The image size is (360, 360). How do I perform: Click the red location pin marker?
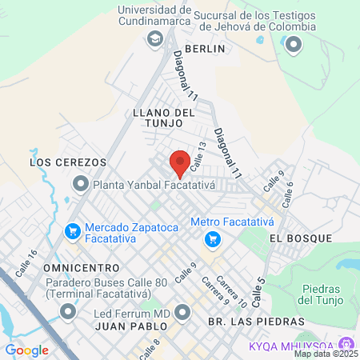click(x=180, y=163)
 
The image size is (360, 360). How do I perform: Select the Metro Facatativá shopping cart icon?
click(x=212, y=238)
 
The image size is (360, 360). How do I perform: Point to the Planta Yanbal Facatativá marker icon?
click(x=81, y=185)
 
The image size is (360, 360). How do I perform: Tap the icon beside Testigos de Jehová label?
click(x=294, y=45)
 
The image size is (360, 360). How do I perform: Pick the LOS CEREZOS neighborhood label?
click(x=68, y=162)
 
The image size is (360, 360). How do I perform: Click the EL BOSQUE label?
click(x=299, y=238)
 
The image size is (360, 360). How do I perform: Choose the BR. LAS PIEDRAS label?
click(x=256, y=321)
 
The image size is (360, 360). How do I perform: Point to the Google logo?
click(x=26, y=350)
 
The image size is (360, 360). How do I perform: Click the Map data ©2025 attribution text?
click(x=326, y=354)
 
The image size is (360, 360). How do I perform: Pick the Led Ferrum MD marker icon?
click(x=183, y=311)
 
